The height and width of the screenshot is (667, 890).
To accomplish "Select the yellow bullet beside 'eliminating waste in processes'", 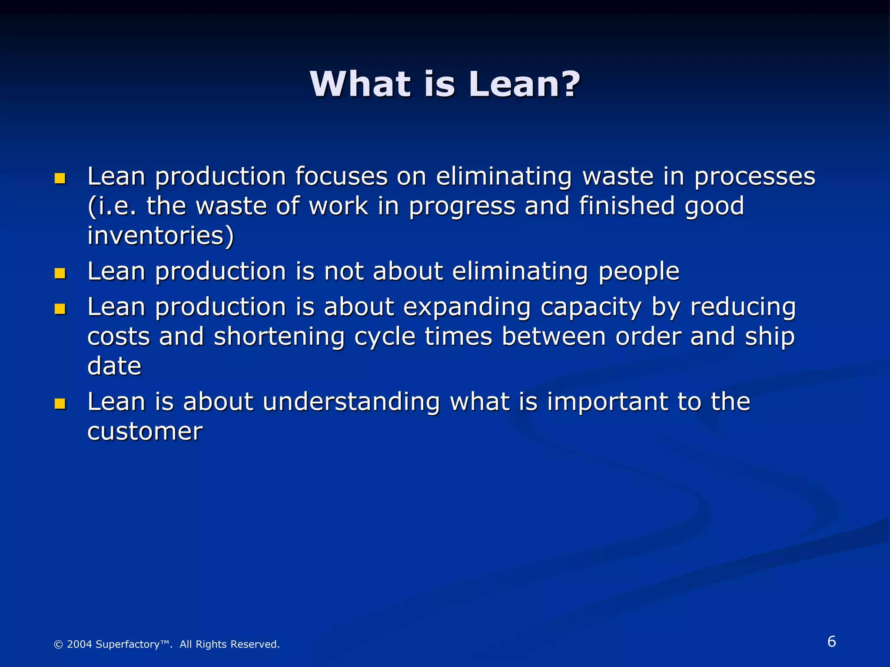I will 60,178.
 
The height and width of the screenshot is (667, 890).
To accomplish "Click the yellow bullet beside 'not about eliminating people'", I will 60,273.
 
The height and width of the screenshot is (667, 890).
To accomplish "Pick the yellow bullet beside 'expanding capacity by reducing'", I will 60,309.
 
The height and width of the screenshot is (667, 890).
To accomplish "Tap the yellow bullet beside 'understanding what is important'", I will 60,404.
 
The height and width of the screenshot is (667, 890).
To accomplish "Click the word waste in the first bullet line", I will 618,177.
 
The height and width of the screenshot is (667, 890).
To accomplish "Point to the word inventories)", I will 160,236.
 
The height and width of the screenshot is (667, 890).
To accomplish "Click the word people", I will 638,272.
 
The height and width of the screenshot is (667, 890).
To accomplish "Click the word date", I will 114,366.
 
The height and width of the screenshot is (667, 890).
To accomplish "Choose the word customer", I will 145,432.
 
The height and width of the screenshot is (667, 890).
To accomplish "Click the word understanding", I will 351,402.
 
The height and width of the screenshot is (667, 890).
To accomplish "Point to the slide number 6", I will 831,641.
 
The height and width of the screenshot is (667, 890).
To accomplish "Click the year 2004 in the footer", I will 80,644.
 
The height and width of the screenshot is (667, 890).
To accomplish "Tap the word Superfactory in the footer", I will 127,644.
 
